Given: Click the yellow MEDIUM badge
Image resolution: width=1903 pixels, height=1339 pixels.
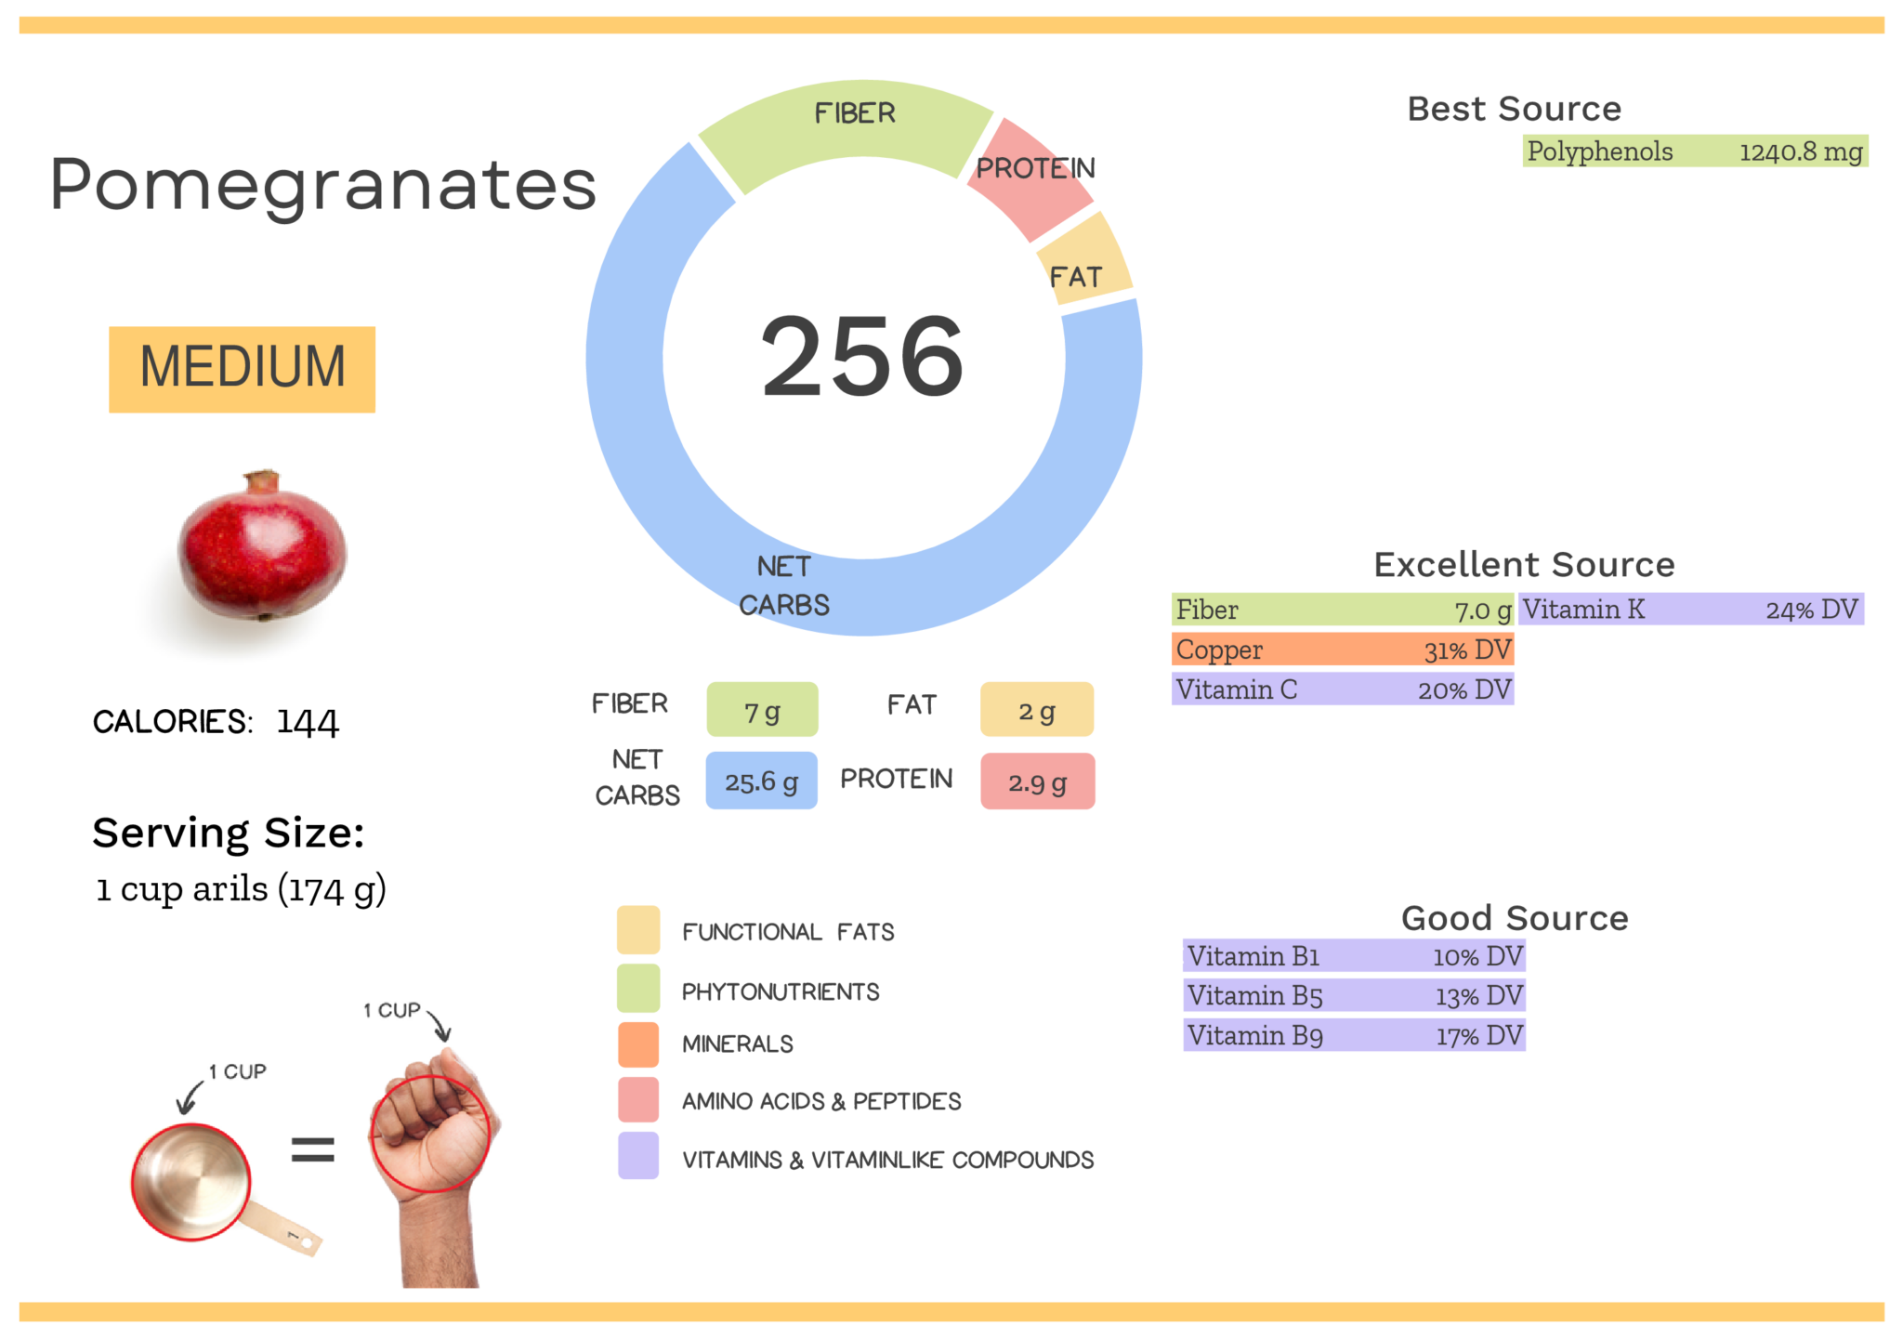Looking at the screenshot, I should click(242, 369).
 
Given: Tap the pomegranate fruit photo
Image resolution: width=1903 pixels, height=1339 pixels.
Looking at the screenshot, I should click(262, 548).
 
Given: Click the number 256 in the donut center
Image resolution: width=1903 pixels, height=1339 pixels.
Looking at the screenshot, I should click(862, 357).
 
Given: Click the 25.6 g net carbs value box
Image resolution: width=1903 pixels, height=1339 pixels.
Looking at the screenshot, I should click(761, 781).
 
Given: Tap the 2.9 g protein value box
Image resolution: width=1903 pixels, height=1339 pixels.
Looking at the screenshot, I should click(1037, 781).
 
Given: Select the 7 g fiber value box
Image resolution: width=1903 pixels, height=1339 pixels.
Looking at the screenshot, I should click(762, 710).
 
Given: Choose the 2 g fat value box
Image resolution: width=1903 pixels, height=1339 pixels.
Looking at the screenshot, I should click(1036, 710).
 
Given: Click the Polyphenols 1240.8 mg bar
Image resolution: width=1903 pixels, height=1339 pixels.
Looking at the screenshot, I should click(1694, 151).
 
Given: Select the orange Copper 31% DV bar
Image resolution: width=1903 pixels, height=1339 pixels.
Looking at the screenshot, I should click(1342, 650).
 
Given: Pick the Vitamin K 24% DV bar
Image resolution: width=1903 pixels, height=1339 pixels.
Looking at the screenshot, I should click(1690, 610).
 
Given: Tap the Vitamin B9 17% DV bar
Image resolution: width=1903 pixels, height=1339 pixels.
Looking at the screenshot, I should click(1354, 1035).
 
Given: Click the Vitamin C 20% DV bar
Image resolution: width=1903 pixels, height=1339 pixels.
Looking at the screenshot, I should click(1342, 689).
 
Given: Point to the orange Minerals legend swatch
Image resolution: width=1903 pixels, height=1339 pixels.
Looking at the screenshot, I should click(638, 1044).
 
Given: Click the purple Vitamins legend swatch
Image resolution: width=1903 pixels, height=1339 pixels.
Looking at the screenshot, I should click(638, 1156).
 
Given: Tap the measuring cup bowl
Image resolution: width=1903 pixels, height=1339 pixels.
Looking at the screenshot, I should click(191, 1181).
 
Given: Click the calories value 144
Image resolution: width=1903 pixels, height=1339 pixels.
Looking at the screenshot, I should click(308, 722).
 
